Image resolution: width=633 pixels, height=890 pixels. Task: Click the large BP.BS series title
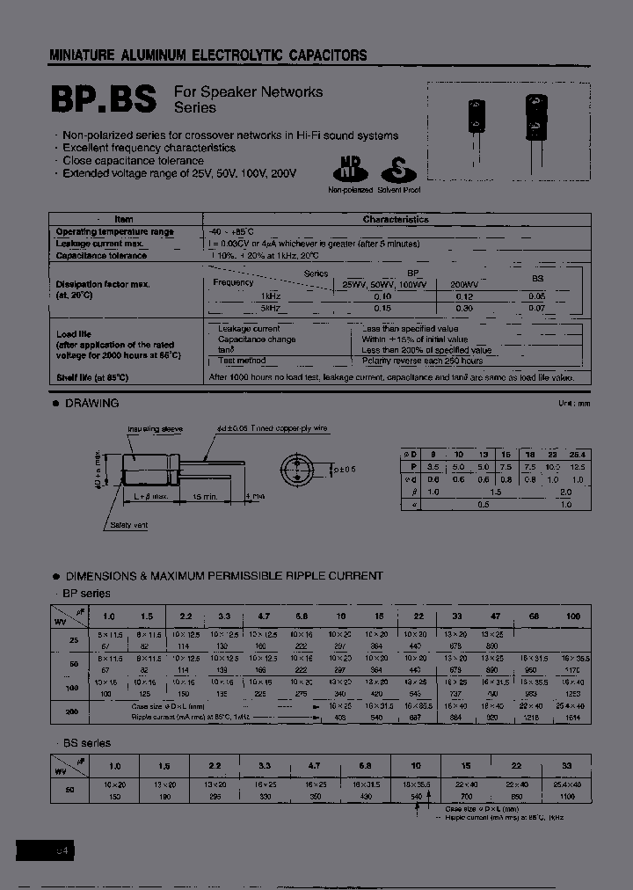point(104,99)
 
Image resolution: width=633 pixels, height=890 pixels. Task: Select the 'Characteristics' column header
point(396,220)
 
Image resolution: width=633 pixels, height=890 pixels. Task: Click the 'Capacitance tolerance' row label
point(102,255)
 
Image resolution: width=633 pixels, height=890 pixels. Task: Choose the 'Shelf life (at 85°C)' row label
point(92,377)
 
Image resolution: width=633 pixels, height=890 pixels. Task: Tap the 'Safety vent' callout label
point(129,524)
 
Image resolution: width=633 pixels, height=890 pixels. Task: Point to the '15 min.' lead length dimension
point(204,496)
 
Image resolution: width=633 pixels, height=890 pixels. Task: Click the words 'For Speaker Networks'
point(248,92)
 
